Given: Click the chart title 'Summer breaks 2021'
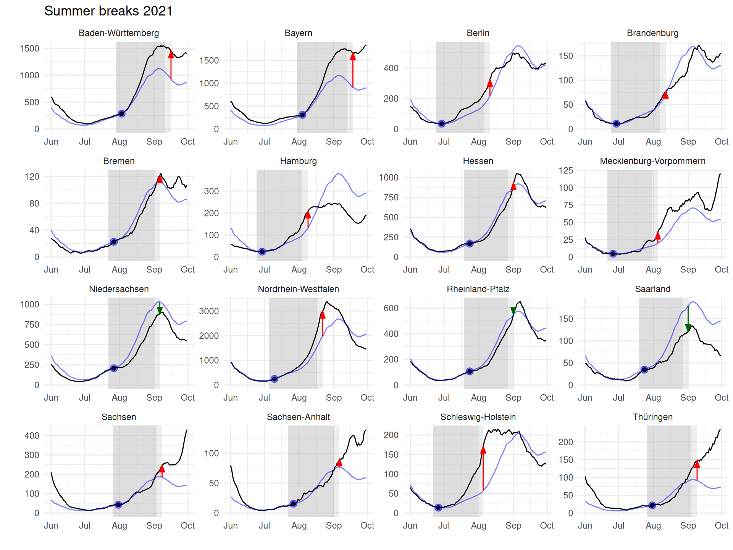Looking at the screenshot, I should pos(108,11).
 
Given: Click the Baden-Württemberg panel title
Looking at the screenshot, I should pos(119,33).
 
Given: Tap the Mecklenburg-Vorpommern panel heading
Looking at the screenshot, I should pos(652,161).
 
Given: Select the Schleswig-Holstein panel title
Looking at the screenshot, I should pos(478,417).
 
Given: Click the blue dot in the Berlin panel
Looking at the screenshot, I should pos(442,124).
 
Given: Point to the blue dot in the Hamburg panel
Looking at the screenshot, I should pos(262,252).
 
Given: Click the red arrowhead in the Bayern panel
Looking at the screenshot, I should pos(353,57).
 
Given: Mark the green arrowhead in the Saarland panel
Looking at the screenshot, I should pos(688,328).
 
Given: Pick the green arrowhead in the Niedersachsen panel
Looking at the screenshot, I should pos(160,310).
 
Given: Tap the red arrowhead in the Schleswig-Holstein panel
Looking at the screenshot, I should pos(483,450).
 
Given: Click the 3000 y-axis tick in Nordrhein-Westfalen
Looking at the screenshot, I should pos(209,311).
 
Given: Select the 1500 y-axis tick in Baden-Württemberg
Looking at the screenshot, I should pos(29,49).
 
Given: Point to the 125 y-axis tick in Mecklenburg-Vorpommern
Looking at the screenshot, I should pos(566,170).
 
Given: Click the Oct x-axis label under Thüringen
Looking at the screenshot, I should pos(721,526).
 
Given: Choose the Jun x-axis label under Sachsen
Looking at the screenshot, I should pos(51,526).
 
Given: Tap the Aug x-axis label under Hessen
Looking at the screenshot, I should pos(478,270).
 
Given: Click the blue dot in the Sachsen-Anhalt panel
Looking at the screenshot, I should pos(293,504).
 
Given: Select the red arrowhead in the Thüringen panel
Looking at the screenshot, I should pos(697,464).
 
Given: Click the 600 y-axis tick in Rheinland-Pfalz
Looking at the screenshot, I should pos(391,308).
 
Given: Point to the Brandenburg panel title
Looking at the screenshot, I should pos(652,33).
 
